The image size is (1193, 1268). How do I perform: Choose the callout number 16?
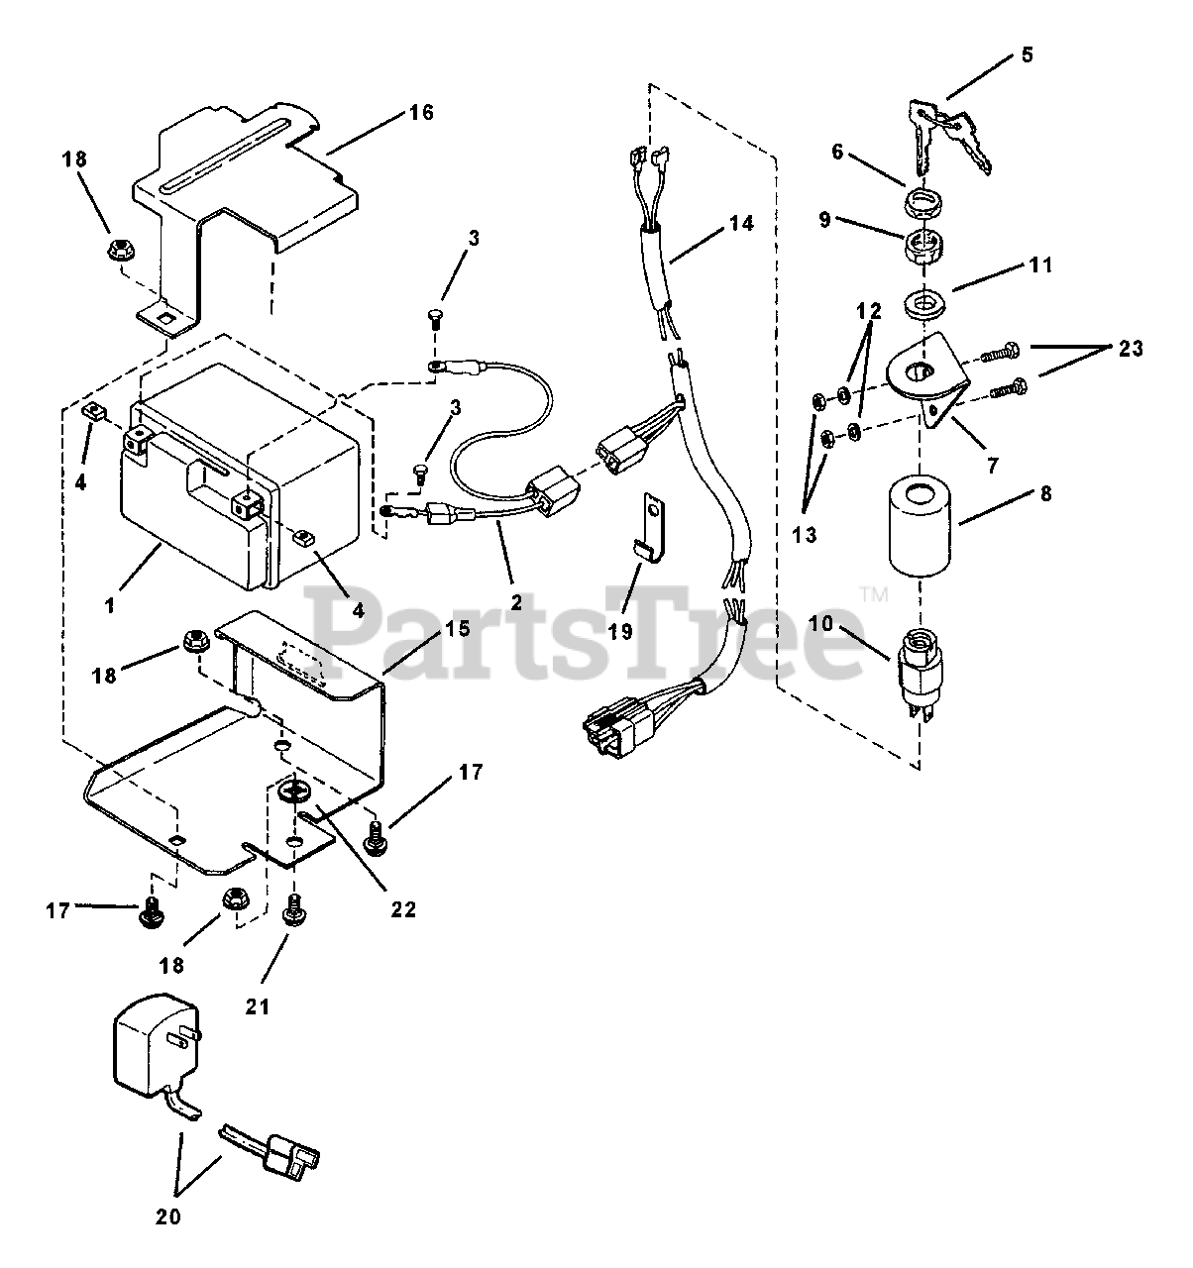coord(421,112)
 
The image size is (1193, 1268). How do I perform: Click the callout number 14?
coord(741,224)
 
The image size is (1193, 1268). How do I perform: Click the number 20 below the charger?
coord(168,1216)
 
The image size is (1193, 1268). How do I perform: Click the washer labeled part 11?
coord(923,299)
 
